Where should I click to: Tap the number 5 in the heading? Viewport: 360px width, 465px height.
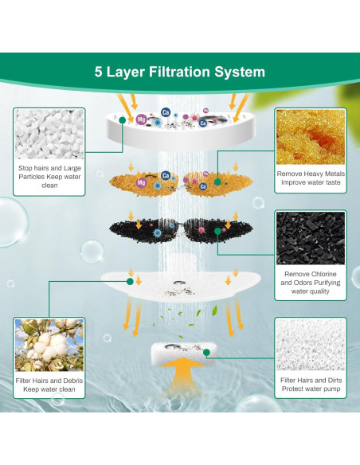click(99, 72)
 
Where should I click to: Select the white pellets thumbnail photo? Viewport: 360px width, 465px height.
click(49, 135)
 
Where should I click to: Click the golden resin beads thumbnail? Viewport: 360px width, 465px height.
click(310, 136)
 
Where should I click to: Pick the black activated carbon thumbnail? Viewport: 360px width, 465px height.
click(310, 238)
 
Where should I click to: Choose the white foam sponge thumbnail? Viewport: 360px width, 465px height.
click(310, 345)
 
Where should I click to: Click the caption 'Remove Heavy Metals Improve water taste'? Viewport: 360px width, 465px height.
click(310, 178)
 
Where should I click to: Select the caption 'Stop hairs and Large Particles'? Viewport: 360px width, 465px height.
click(49, 177)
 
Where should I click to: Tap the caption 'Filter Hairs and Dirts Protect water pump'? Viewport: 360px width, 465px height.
click(310, 386)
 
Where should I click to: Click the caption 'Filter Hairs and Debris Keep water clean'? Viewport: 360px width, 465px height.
click(49, 386)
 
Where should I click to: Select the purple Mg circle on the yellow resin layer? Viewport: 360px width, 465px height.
click(141, 183)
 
